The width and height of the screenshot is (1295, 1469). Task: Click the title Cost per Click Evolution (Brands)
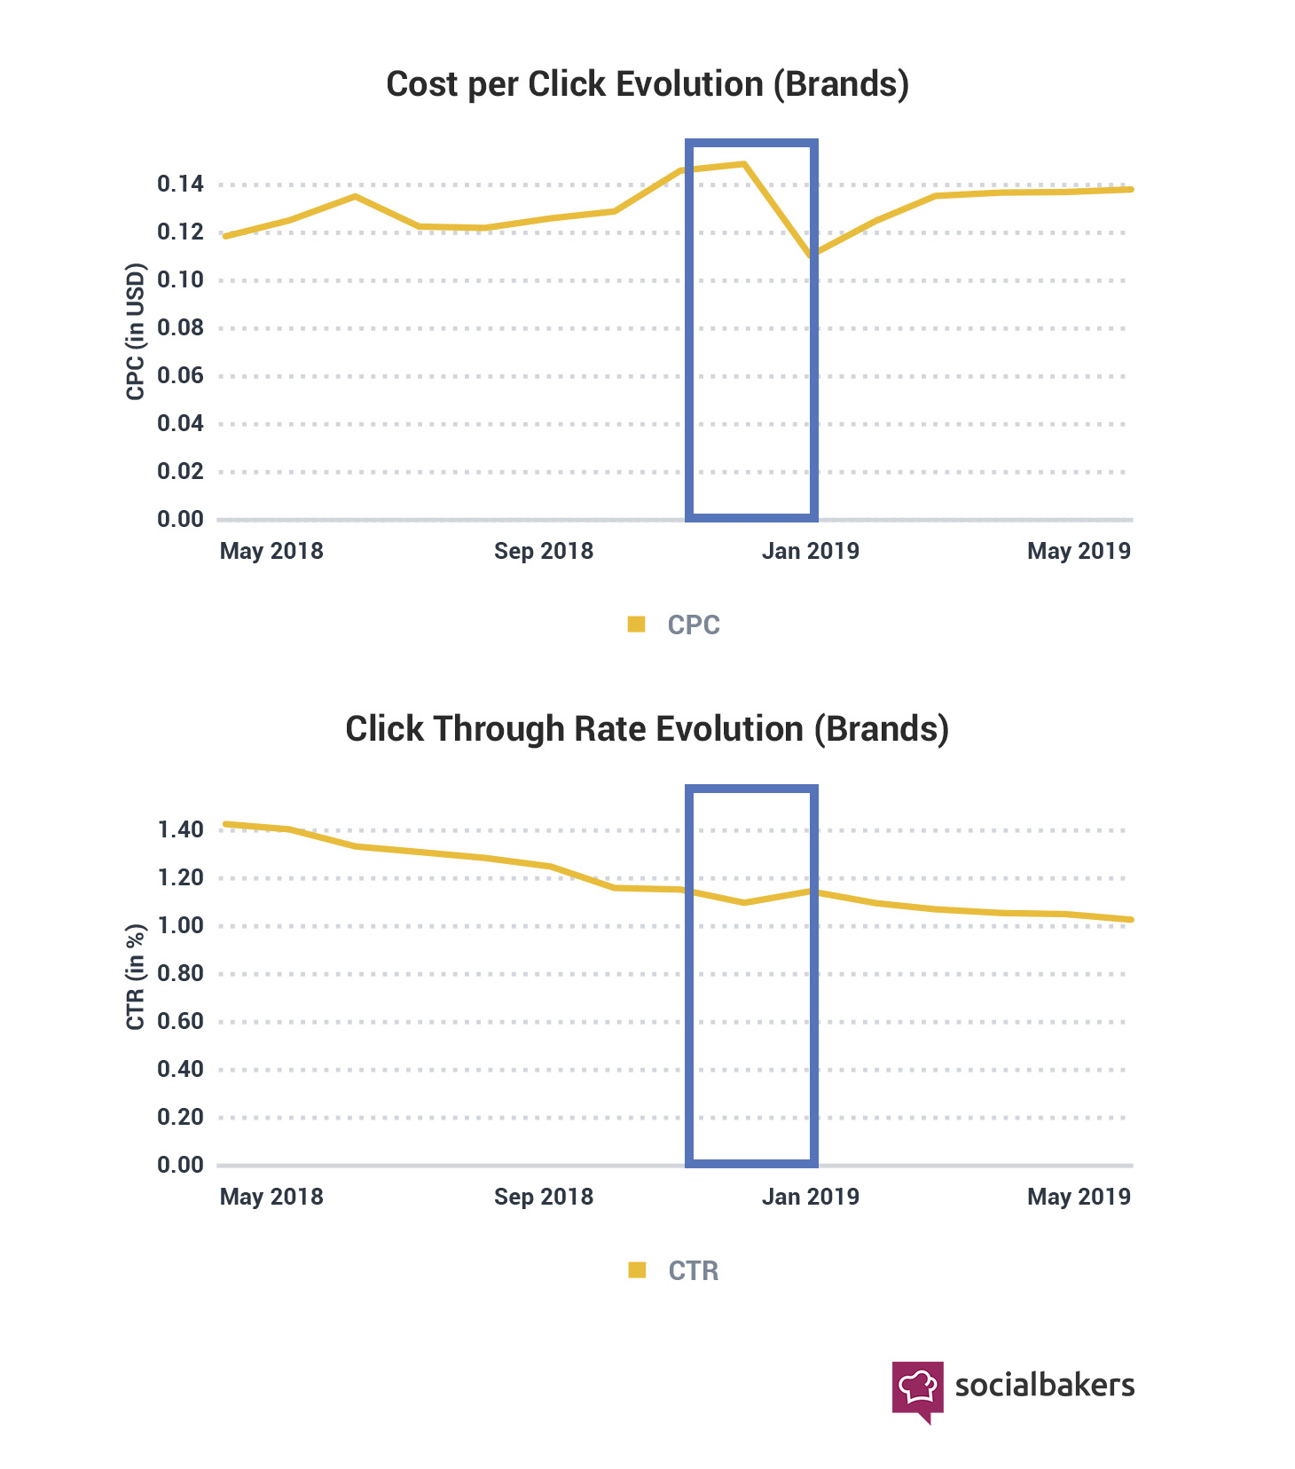(x=647, y=84)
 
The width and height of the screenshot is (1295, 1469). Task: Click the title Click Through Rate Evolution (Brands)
(x=647, y=729)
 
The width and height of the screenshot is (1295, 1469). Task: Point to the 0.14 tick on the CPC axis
(x=180, y=185)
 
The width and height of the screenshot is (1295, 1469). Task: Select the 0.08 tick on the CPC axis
(x=180, y=328)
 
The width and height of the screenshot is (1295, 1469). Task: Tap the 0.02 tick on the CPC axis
(x=180, y=472)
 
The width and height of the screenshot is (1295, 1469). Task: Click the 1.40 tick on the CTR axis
(x=180, y=830)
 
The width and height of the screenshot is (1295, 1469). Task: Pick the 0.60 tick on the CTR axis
(x=180, y=1022)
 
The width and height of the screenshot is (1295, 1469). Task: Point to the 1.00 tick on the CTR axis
(x=180, y=926)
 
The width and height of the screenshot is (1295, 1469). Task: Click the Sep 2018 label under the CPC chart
(x=544, y=551)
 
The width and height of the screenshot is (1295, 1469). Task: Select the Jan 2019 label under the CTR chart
(x=811, y=1197)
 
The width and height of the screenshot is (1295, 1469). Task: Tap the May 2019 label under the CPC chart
(x=1079, y=551)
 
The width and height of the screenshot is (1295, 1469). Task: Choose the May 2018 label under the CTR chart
(x=271, y=1197)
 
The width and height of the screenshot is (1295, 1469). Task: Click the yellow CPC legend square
(x=636, y=625)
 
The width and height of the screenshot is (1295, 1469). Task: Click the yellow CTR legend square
(x=636, y=1270)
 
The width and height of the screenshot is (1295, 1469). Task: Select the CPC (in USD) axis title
(x=135, y=332)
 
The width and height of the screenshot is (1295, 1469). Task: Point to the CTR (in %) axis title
(x=135, y=978)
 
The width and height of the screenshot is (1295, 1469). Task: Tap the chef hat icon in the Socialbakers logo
(x=917, y=1387)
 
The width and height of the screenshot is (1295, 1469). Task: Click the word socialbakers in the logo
(x=1044, y=1386)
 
